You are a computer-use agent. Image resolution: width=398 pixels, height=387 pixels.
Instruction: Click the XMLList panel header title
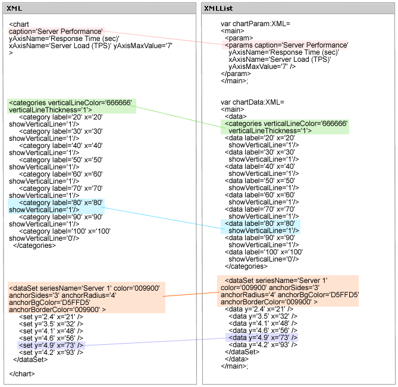(218, 8)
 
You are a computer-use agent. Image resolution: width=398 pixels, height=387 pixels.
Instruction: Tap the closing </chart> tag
(22, 373)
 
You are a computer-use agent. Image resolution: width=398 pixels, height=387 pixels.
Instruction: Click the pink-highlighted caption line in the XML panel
(57, 32)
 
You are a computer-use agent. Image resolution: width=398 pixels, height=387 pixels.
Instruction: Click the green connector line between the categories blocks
(178, 117)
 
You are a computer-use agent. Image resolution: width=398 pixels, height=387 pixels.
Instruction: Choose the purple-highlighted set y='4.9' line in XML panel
(51, 345)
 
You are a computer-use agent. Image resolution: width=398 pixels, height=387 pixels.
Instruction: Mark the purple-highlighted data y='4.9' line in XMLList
(262, 338)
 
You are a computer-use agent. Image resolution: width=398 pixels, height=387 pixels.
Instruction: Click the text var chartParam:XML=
(255, 23)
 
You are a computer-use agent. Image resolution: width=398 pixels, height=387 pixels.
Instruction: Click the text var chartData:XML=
(253, 102)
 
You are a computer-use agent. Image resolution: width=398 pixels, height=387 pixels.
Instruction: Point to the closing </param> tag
(236, 74)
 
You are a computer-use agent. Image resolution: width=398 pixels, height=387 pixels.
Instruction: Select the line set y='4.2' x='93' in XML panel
(51, 352)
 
